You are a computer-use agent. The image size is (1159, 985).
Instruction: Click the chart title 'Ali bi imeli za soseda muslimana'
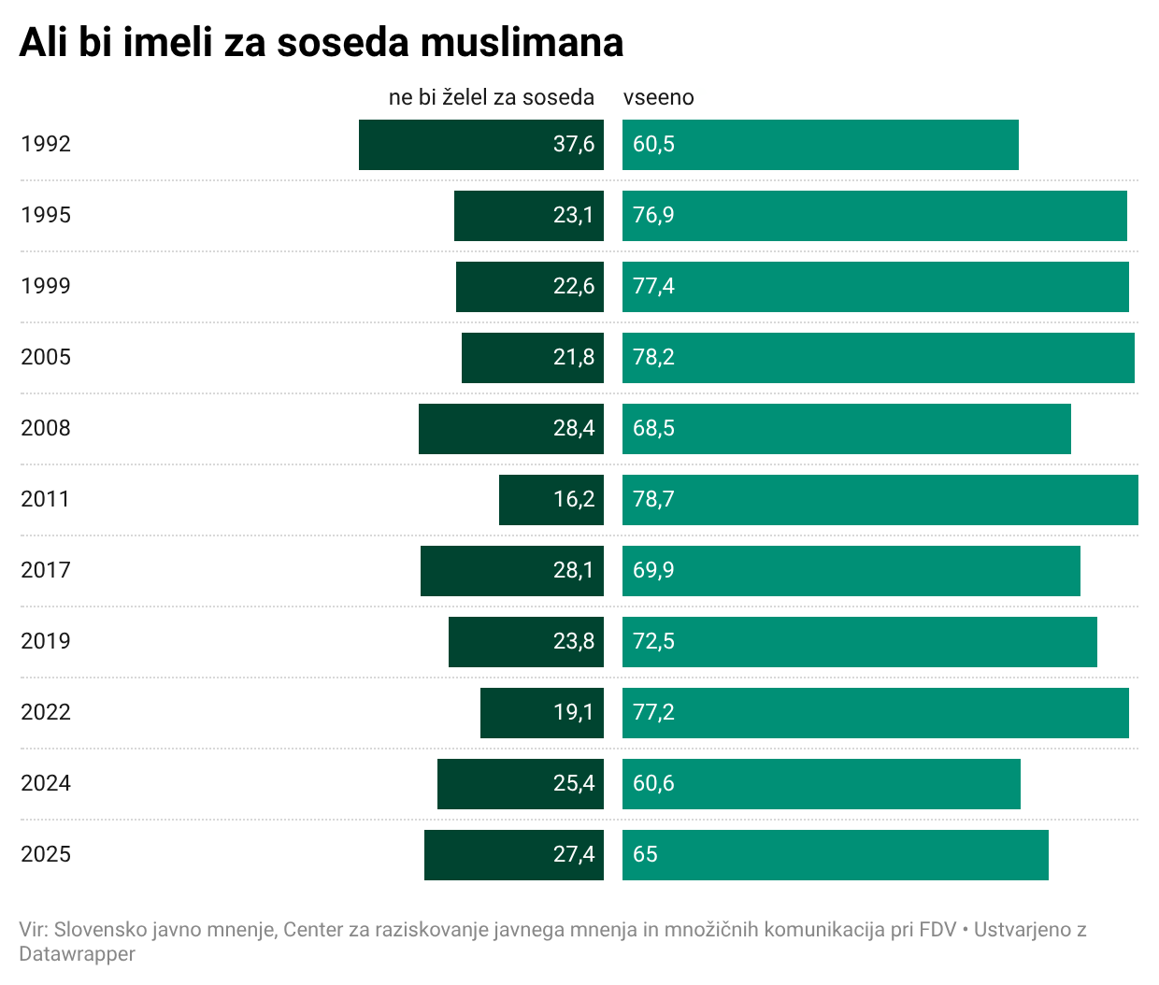tap(321, 43)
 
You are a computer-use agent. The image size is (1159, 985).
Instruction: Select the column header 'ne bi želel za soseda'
tap(491, 97)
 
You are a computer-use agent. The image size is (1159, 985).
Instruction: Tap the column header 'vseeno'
tap(658, 97)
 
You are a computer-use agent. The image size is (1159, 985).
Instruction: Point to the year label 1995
tap(46, 215)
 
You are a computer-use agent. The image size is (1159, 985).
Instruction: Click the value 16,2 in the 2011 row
tap(573, 499)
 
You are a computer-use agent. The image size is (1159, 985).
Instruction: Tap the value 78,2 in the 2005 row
tap(653, 357)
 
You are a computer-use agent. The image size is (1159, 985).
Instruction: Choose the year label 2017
tap(46, 570)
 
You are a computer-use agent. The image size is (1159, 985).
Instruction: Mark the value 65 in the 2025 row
tap(645, 854)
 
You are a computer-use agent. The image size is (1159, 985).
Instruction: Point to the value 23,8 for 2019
tap(573, 641)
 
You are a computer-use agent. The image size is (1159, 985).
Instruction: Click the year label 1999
tap(46, 286)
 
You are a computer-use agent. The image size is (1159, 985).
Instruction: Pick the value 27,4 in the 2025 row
tap(573, 854)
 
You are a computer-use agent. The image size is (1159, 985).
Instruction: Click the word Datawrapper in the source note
tap(77, 954)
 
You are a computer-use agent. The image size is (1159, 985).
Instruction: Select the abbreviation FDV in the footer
tap(937, 930)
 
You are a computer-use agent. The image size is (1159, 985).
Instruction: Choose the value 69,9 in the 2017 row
tap(653, 570)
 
